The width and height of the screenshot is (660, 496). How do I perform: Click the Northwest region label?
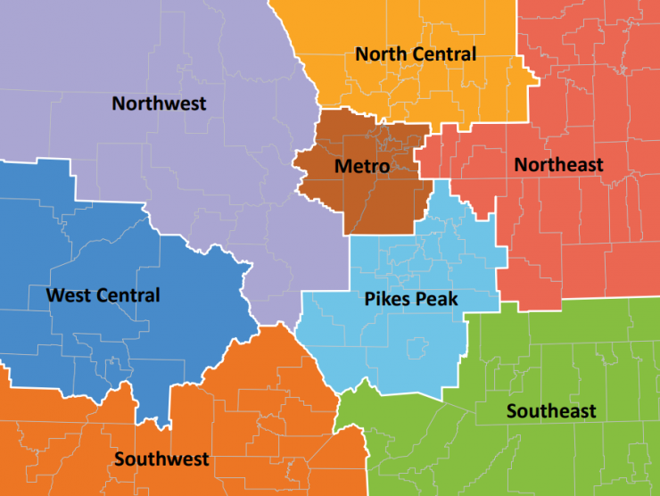point(159,103)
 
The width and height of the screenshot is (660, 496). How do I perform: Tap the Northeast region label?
point(558,165)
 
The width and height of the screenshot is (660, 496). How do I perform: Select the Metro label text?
point(361,167)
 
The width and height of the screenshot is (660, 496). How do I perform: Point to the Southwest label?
point(161,459)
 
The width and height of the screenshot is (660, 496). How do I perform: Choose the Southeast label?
point(551,411)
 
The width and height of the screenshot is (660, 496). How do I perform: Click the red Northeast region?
point(580,232)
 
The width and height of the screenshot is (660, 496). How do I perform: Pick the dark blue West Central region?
point(89,232)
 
